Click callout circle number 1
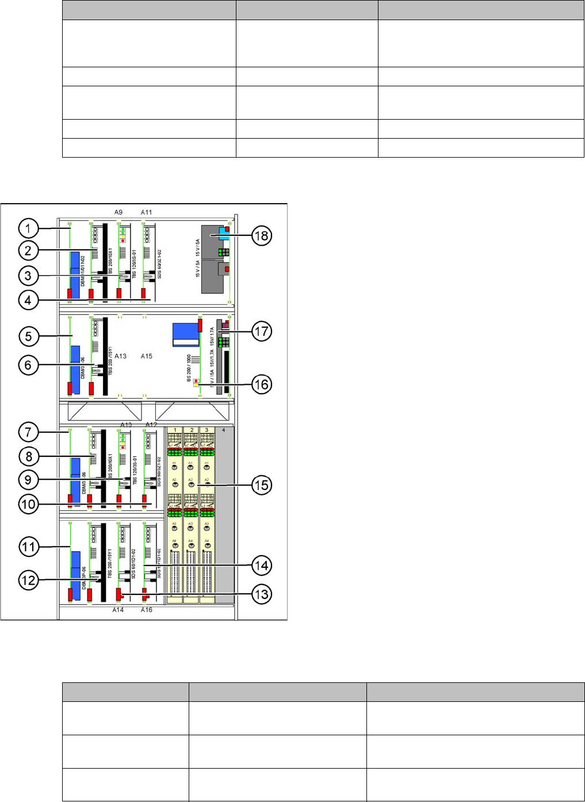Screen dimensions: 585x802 point(28,228)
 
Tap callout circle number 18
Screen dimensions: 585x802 point(262,235)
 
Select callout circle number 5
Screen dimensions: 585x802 point(28,336)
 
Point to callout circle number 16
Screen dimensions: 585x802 point(262,384)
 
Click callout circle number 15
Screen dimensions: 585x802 point(262,485)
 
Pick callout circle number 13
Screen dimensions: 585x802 point(262,594)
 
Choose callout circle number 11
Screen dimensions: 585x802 point(28,547)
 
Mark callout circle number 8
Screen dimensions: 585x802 point(28,457)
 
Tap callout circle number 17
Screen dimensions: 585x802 point(262,331)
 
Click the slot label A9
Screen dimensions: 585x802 point(118,212)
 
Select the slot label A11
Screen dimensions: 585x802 point(147,212)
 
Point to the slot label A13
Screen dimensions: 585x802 point(120,356)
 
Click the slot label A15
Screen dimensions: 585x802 point(147,356)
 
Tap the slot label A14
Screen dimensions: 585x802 point(118,610)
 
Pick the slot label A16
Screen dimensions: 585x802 point(147,610)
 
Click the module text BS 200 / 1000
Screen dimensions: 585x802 point(189,368)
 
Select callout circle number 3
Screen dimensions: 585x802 point(28,276)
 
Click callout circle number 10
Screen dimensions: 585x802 point(28,505)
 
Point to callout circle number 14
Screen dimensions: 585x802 point(262,566)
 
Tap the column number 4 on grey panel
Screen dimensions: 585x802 point(224,430)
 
